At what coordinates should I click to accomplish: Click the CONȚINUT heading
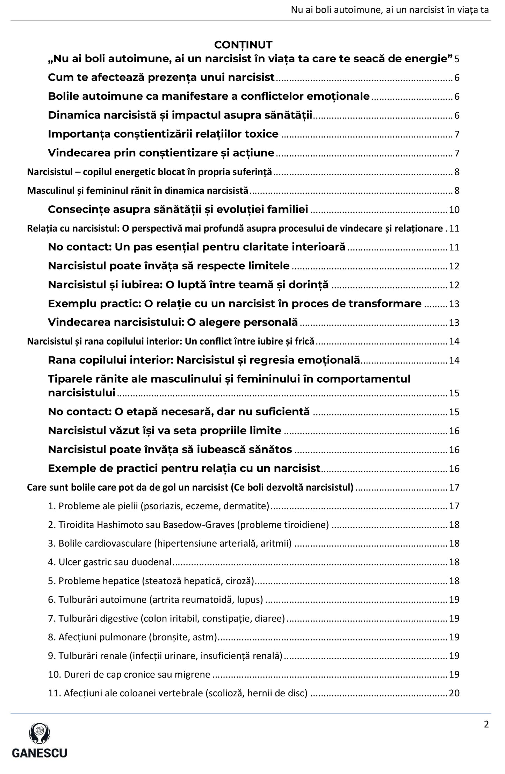(x=243, y=45)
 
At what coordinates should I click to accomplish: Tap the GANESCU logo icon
(x=39, y=734)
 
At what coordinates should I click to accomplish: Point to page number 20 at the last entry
(x=454, y=693)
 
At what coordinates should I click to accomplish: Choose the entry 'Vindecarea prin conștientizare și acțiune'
(x=161, y=153)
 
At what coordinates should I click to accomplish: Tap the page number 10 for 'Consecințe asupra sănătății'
(x=454, y=210)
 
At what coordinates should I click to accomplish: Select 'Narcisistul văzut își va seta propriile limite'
(x=165, y=430)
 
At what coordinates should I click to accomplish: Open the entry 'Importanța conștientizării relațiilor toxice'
(x=163, y=134)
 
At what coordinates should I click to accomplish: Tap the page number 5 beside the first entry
(x=457, y=59)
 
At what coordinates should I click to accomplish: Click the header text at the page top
(x=390, y=10)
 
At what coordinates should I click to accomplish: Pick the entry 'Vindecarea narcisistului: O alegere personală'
(x=173, y=322)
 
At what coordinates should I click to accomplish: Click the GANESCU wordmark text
(x=39, y=752)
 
